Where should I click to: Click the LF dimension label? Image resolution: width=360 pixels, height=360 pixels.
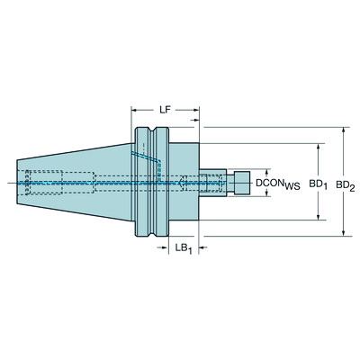point(166,110)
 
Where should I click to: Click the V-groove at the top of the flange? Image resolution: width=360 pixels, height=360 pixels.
point(154,131)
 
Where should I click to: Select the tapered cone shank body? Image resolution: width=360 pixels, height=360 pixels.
point(81,183)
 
